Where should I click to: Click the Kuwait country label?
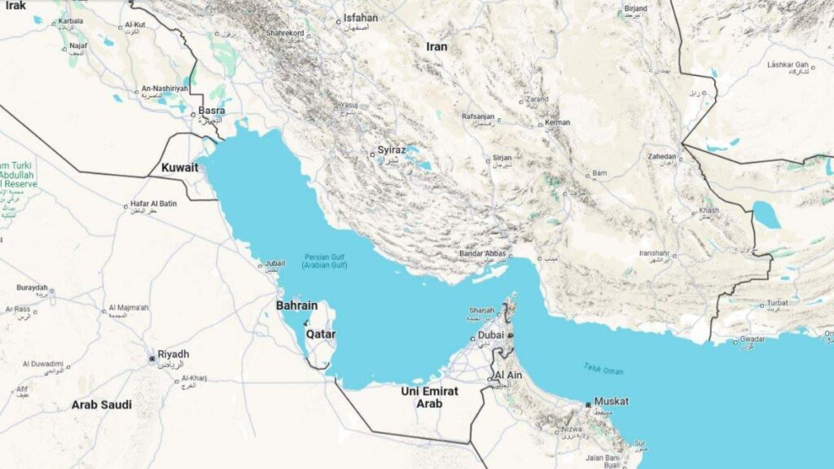180,167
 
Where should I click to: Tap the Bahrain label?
296,305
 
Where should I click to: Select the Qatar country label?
320,334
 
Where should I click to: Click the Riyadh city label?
173,354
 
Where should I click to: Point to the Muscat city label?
611,401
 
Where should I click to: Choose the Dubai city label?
489,335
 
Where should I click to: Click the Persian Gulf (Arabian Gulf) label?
325,261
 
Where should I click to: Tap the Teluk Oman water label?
604,370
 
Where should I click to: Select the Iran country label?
437,46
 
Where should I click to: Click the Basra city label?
212,110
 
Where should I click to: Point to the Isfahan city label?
360,17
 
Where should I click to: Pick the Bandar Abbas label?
484,253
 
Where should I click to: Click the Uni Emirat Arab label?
429,397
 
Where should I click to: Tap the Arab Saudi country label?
101,404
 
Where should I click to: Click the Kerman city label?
558,123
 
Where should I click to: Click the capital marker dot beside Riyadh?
151,357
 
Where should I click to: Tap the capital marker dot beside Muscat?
588,405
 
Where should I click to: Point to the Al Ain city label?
508,375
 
